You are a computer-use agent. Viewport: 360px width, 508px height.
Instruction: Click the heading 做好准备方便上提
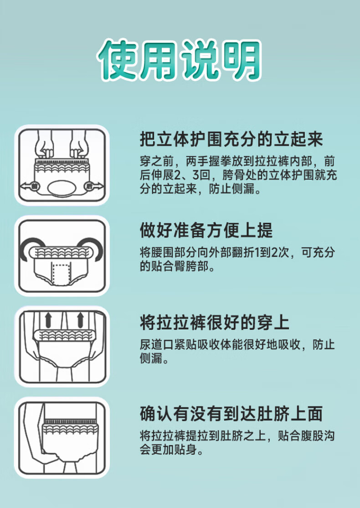tap(206, 231)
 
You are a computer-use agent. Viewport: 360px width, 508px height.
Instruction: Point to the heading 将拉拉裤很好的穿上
tap(215, 323)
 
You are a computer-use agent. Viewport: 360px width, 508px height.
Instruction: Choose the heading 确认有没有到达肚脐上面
tap(231, 414)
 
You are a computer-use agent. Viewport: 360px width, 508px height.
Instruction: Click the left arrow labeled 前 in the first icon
tap(29, 186)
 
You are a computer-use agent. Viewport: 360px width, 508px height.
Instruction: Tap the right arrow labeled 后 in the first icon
tap(93, 186)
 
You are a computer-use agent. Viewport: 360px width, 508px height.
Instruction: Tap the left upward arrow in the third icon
tap(48, 319)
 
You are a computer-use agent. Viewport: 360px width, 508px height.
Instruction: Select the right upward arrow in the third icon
tap(80, 319)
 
